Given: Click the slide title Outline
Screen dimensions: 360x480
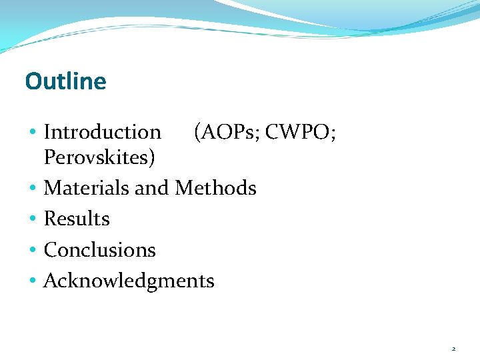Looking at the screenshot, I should (x=65, y=81).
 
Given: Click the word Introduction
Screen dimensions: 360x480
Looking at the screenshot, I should (x=102, y=132).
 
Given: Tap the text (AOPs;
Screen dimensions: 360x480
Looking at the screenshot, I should (x=226, y=132).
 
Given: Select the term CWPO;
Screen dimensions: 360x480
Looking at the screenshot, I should (x=301, y=132).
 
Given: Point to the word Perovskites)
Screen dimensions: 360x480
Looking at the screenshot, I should (x=99, y=157).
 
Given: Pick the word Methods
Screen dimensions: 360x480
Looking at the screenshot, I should (x=215, y=188).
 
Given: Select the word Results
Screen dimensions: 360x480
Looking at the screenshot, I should (x=77, y=219).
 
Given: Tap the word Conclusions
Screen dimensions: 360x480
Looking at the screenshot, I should (x=99, y=250).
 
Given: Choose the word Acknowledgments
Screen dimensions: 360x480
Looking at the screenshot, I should (x=129, y=281).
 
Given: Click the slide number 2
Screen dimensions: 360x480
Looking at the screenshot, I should (x=453, y=349).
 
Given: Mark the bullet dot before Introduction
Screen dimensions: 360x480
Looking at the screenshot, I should (x=33, y=133).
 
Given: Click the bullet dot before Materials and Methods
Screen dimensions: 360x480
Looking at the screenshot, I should (x=33, y=189).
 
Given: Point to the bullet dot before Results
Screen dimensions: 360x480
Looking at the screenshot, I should (x=33, y=219).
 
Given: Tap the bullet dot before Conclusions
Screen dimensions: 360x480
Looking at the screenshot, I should (x=33, y=251).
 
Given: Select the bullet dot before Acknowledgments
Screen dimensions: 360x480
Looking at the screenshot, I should (x=33, y=281).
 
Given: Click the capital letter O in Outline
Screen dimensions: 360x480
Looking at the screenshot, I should (x=33, y=81).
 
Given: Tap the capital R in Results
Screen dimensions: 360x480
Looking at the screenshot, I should (x=49, y=219).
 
